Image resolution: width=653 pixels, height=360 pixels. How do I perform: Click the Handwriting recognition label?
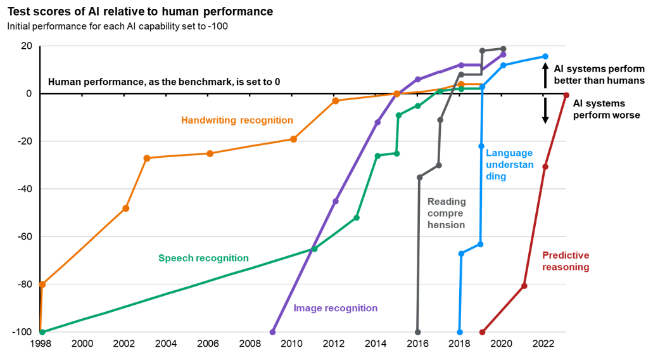[237, 120]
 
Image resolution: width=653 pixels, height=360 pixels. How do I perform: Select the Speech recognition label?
[203, 258]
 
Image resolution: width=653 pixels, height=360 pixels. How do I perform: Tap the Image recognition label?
[335, 308]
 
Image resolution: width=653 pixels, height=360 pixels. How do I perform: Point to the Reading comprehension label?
[447, 213]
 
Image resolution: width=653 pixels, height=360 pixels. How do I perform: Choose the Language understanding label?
[509, 165]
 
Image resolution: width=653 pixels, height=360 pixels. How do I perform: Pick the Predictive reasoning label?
[566, 261]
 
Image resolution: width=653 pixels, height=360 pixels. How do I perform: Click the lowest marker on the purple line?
[273, 331]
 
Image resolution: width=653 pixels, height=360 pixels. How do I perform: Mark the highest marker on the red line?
[566, 95]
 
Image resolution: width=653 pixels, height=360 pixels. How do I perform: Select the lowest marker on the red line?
[482, 331]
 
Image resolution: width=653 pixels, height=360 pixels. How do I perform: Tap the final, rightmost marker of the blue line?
[545, 56]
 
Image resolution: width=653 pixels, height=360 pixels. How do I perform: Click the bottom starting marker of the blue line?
[460, 331]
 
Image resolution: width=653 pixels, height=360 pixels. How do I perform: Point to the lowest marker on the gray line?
[418, 331]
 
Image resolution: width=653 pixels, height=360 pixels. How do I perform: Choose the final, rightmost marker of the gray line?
[504, 49]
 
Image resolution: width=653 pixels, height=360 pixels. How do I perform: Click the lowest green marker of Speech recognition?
[42, 331]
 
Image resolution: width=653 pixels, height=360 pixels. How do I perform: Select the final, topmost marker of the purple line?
[504, 55]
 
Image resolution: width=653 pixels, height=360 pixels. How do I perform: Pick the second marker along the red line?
[524, 286]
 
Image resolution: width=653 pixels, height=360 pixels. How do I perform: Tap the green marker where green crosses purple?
[315, 248]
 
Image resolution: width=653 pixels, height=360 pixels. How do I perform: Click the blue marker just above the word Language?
[481, 146]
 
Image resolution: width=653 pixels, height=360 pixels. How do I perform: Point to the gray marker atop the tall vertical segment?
[419, 177]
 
